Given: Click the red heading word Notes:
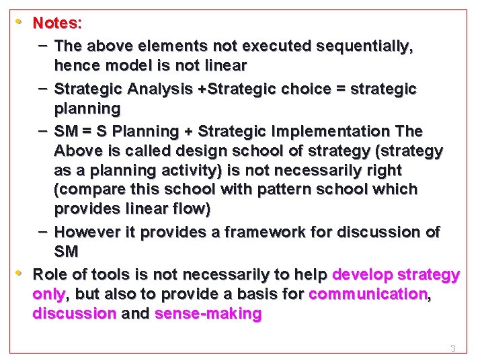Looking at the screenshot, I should point(58,23).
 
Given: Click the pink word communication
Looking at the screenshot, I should point(368,294).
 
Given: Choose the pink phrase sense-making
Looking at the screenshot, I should point(208,314).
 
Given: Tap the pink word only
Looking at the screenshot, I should point(49,294).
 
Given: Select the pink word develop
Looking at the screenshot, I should point(364,274).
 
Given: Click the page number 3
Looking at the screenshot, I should point(452,348).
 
